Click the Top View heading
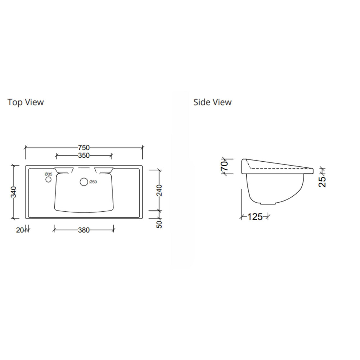(26, 102)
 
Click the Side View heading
(212, 102)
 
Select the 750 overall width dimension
(84, 148)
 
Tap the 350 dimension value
(84, 156)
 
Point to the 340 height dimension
(14, 192)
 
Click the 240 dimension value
(159, 190)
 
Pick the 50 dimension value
(159, 224)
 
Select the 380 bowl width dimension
(84, 231)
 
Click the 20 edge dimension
(20, 231)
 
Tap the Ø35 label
(48, 174)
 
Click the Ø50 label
(93, 182)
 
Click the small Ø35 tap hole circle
(48, 179)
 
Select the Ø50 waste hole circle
(84, 182)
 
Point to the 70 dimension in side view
(225, 166)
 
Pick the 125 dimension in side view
(255, 217)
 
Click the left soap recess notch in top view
(63, 170)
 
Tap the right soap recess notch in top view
(104, 170)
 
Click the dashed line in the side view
(281, 167)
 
